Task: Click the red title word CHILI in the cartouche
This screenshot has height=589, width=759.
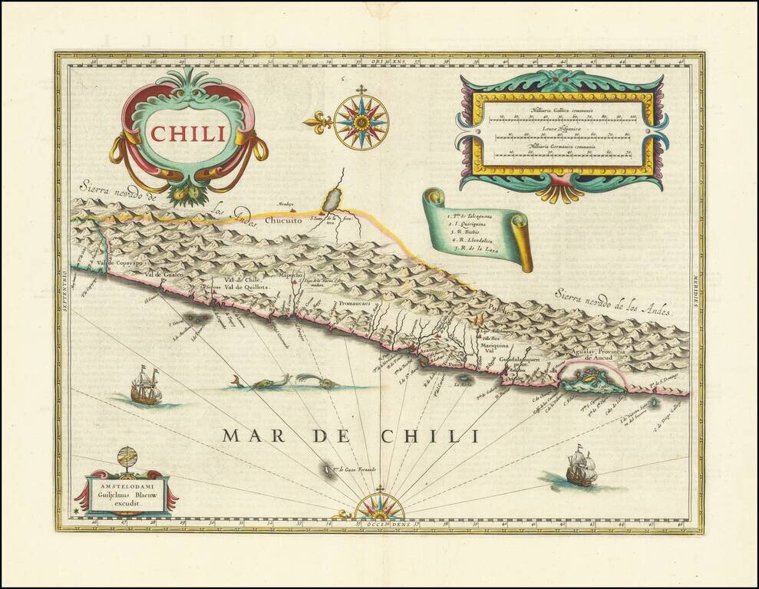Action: [189, 133]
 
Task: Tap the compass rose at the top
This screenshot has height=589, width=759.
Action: [361, 120]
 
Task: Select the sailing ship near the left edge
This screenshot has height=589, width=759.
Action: [146, 385]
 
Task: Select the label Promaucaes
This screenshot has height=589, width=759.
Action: [354, 304]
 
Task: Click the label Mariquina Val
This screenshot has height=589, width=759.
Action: [495, 349]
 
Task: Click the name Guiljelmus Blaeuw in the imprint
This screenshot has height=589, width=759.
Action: [129, 495]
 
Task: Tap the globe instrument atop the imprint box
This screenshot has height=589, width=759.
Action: [127, 461]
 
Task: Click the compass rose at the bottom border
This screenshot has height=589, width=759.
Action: [379, 507]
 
